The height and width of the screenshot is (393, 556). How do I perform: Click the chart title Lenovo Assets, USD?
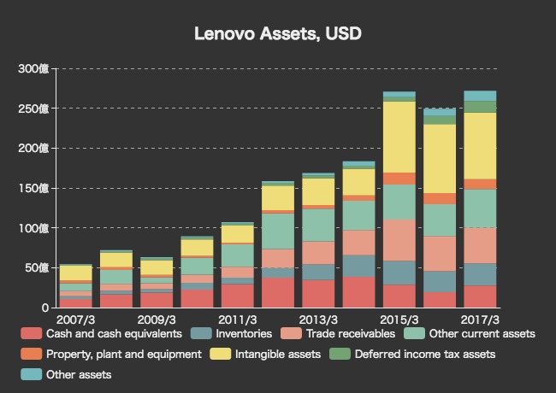click(x=278, y=34)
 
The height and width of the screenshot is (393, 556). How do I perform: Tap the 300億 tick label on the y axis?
click(x=35, y=68)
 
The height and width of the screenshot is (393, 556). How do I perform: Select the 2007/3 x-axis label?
click(x=75, y=319)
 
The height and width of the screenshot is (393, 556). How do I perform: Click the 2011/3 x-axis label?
click(x=237, y=319)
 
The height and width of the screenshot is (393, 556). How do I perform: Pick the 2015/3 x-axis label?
click(x=398, y=319)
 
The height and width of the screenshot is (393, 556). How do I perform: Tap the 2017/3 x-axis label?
click(x=479, y=319)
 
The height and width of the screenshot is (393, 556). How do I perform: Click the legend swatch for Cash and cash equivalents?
click(x=32, y=333)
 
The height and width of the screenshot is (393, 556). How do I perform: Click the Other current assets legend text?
click(x=480, y=333)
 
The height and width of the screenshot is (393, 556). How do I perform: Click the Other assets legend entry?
click(x=78, y=374)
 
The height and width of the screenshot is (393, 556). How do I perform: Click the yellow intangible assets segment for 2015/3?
click(x=399, y=137)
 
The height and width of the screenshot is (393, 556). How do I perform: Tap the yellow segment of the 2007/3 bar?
click(x=75, y=273)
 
